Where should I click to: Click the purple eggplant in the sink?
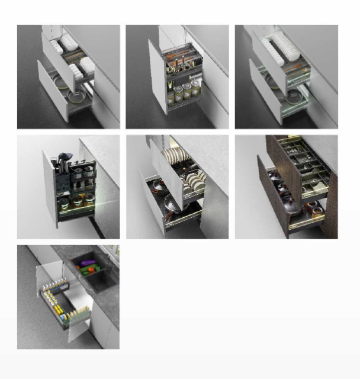pos(88,262)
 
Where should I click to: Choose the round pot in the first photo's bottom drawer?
pos(77,97)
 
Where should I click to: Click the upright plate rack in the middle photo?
pos(175,157)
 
